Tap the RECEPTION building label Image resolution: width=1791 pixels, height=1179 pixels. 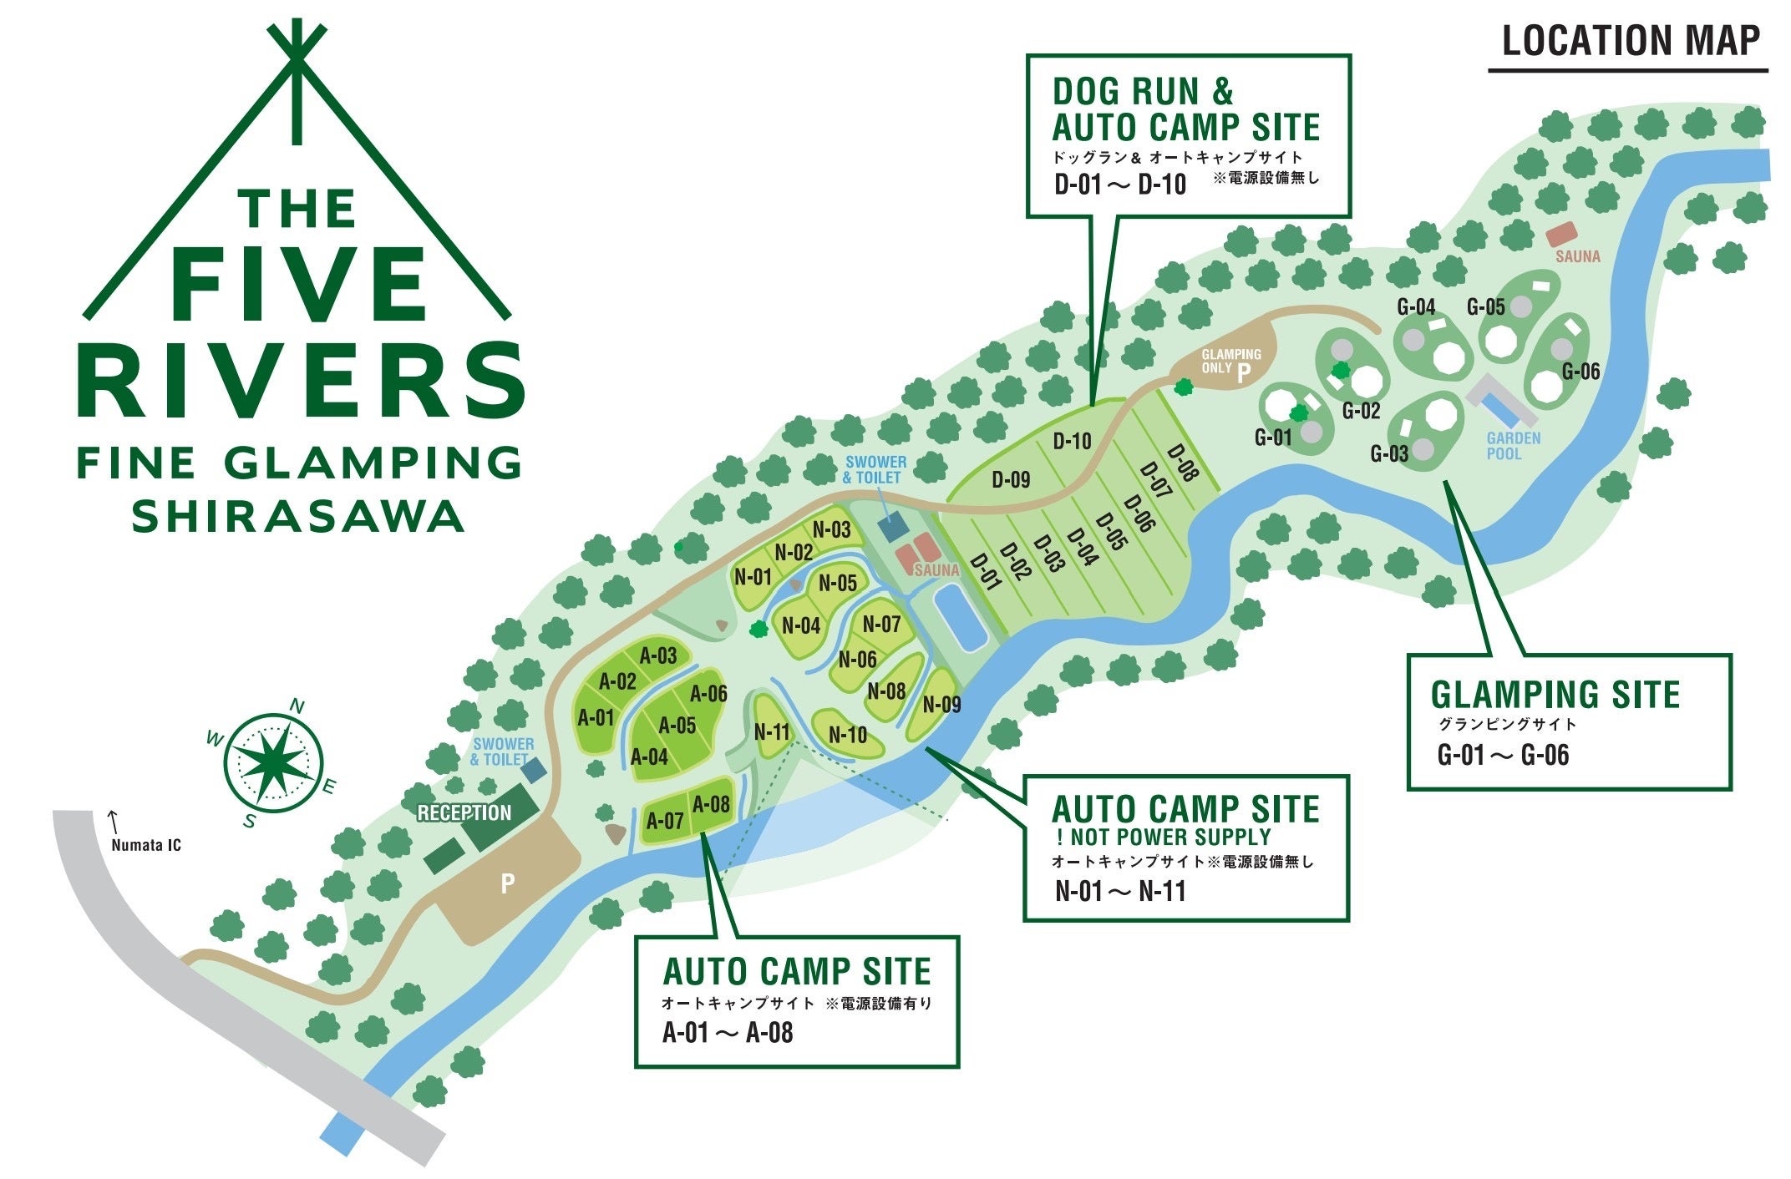pos(464,812)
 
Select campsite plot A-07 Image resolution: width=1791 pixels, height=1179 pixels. pos(665,821)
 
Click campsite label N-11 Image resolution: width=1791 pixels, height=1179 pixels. pos(771,732)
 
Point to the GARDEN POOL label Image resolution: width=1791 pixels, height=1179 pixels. pos(1513,446)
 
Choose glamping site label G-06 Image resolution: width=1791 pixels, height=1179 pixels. pos(1580,372)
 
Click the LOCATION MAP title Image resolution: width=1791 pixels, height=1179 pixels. pos(1630,41)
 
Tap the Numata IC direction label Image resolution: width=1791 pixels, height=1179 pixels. pos(145,844)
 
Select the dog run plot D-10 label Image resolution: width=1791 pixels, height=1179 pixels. pos(1072,440)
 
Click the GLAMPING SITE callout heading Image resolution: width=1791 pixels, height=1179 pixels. pos(1554,695)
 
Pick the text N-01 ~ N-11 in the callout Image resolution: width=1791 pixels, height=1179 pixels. pos(1119,891)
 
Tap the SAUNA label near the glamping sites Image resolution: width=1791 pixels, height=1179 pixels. pos(1577,256)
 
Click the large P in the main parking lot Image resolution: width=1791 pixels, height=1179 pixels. pos(507,883)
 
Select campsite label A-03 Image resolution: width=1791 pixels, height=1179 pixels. pos(658,655)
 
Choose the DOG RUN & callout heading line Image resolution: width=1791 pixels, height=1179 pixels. pos(1142,90)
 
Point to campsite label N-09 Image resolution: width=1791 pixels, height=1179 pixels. pos(941,705)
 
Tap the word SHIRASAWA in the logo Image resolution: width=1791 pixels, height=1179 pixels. pos(297,516)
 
